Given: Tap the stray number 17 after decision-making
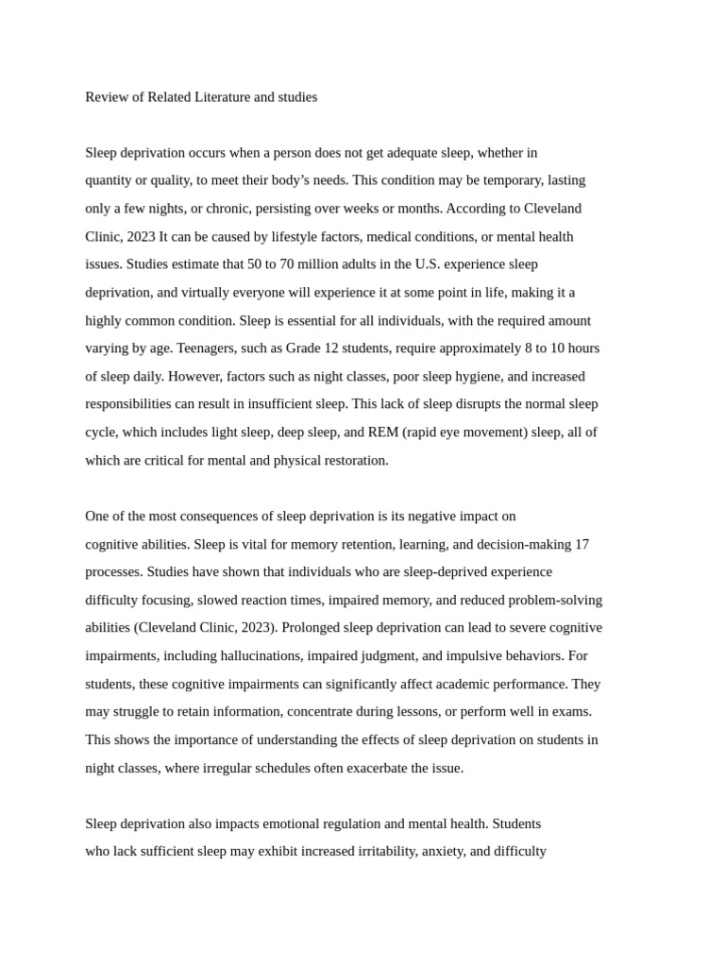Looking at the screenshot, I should point(582,545).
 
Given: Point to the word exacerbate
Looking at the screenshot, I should point(378,769).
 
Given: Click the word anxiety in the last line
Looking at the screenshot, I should point(443,852).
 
